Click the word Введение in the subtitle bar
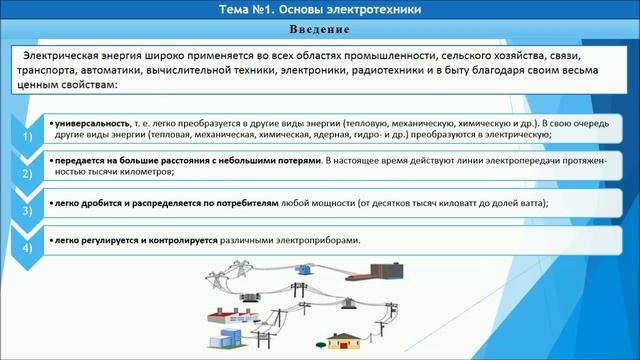(319, 31)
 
